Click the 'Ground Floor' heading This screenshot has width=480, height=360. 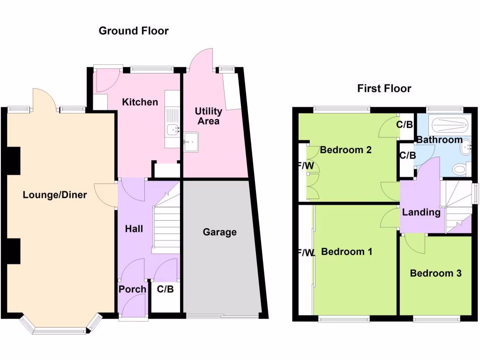click(134, 31)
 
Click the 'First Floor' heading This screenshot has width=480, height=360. click(384, 89)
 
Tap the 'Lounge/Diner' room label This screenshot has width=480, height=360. click(55, 195)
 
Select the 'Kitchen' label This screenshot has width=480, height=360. click(140, 102)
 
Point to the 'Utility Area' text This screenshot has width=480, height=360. click(209, 116)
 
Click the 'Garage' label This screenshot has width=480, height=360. click(220, 232)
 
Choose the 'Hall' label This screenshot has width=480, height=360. click(134, 229)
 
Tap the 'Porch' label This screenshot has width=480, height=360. click(132, 289)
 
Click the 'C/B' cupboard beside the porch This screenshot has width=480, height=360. click(165, 289)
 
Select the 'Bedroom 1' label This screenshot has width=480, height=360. click(347, 252)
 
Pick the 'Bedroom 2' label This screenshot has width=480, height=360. click(346, 150)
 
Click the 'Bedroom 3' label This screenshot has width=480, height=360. click(436, 273)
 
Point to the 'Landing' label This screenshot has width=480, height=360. click(421, 212)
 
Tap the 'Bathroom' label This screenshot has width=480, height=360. click(440, 140)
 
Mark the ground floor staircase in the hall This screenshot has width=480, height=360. click(166, 225)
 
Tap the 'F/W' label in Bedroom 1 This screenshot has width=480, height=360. click(306, 253)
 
